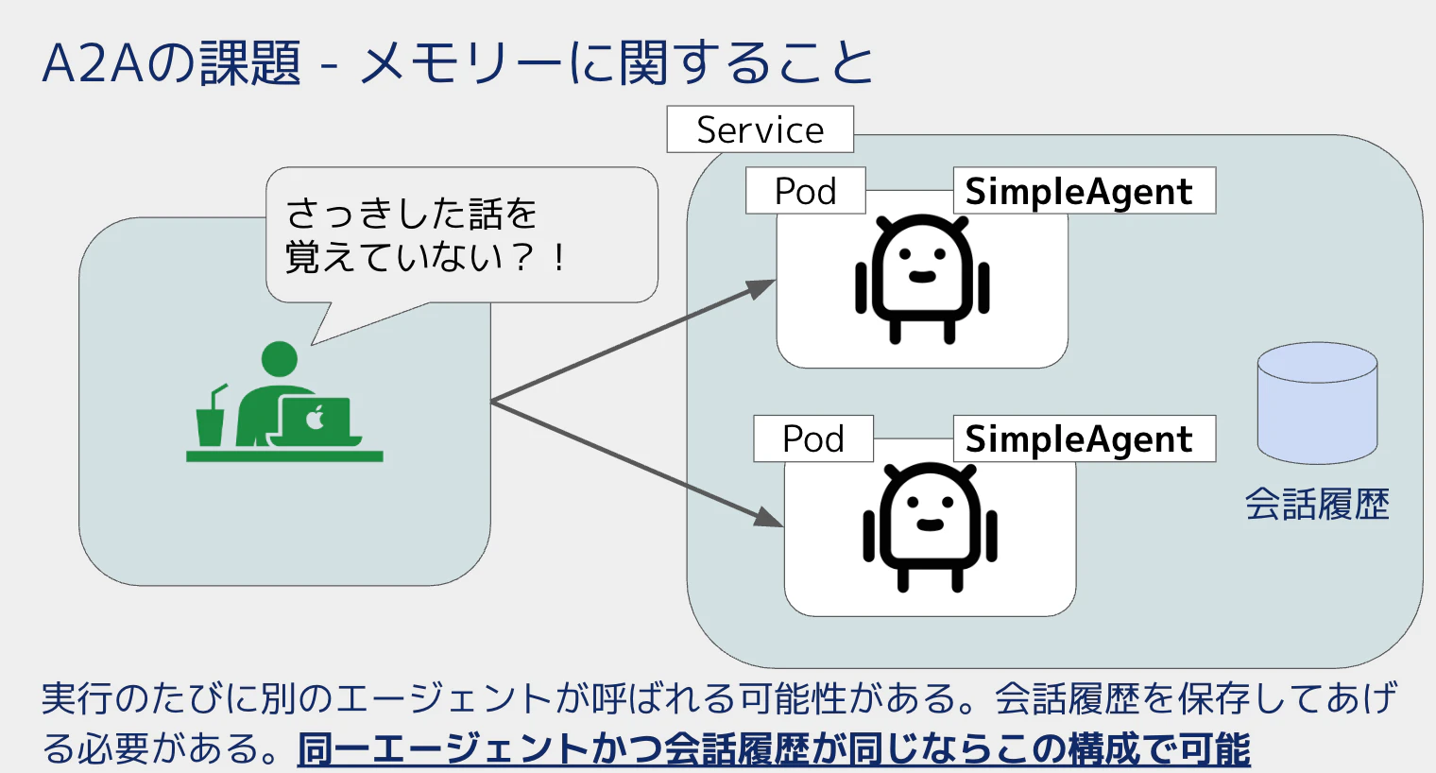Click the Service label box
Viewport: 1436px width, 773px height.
point(761,129)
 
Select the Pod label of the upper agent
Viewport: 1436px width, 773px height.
point(806,191)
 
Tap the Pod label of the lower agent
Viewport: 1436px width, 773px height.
point(813,438)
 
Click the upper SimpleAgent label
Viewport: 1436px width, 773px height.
point(1084,191)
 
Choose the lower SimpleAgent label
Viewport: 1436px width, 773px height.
point(1084,438)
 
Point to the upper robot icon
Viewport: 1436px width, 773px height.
point(922,279)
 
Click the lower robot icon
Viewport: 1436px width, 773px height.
point(930,527)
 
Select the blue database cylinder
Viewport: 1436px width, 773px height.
point(1317,403)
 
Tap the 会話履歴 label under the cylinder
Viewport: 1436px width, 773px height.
point(1317,505)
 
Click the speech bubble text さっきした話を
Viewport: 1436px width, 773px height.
point(411,214)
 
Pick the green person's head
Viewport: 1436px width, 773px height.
point(280,359)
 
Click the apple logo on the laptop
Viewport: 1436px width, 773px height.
point(315,418)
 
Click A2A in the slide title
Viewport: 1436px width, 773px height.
point(94,63)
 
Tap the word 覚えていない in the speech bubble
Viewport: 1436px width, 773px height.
point(394,257)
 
